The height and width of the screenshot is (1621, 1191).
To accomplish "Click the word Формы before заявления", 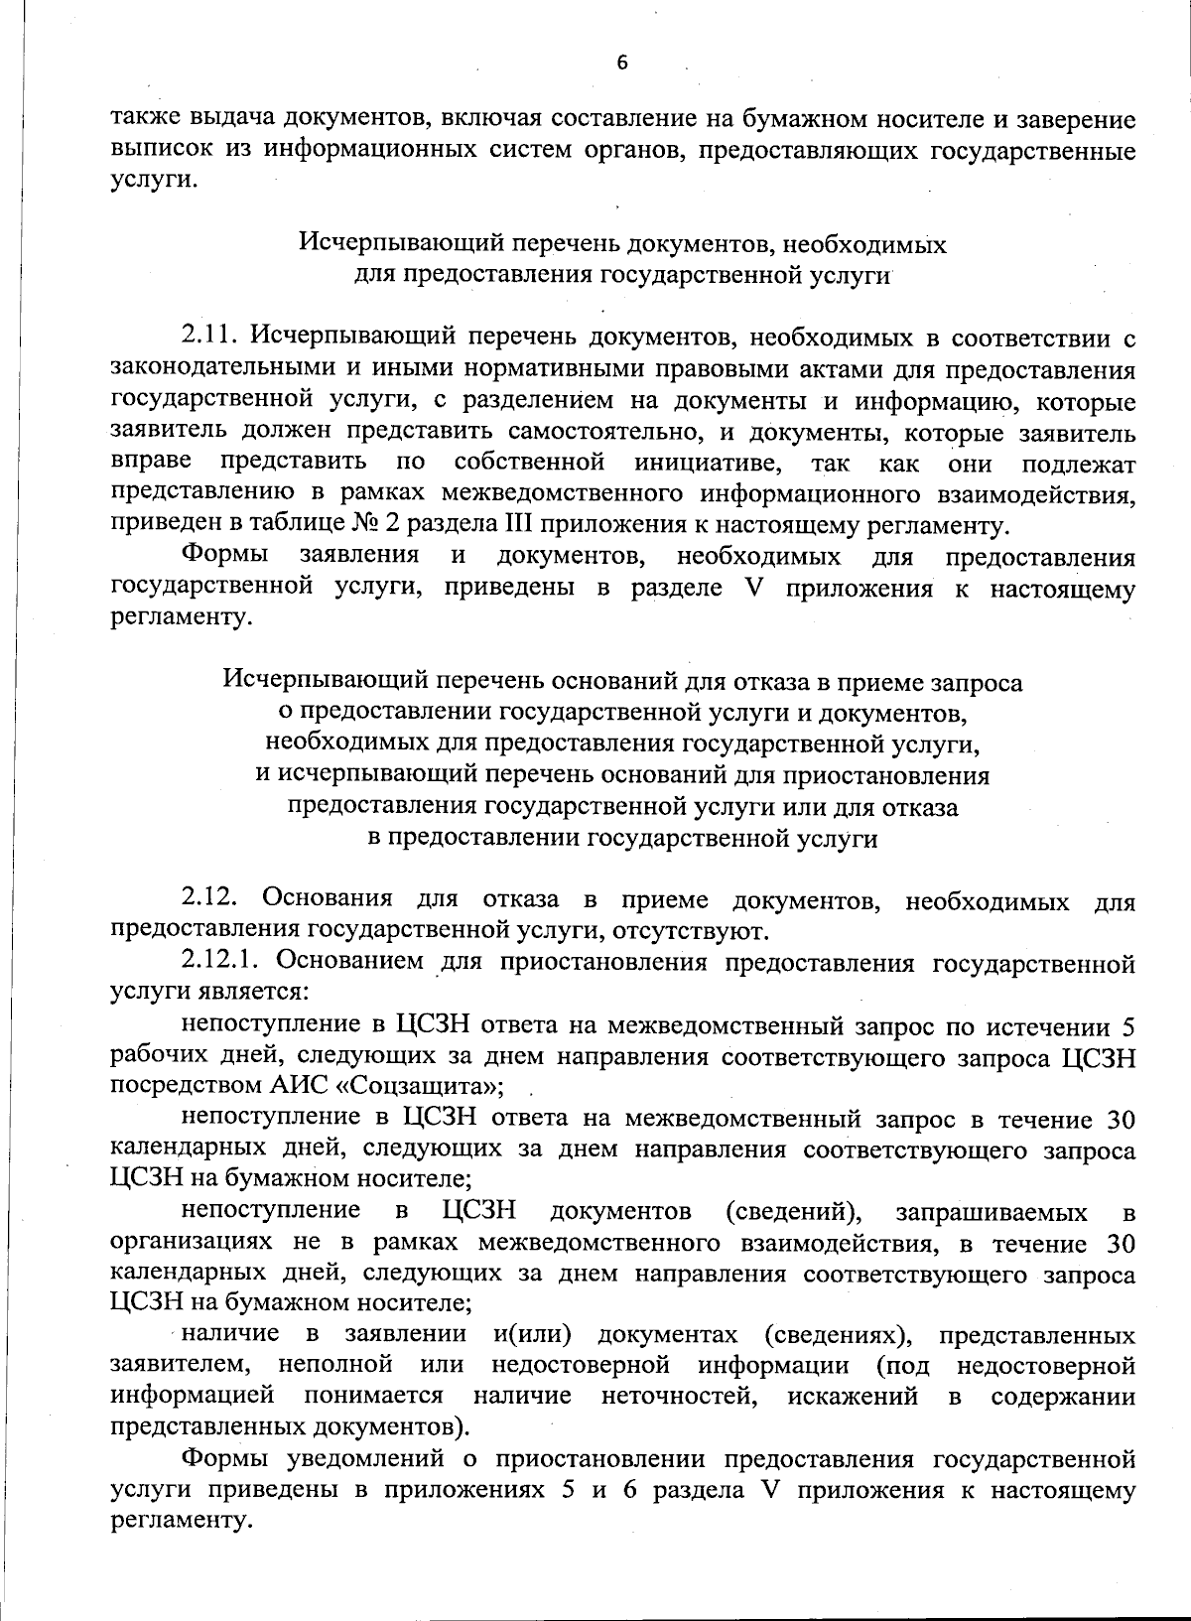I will pyautogui.click(x=224, y=556).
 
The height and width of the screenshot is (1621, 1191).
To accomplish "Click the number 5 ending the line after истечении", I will pyautogui.click(x=1127, y=1024).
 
